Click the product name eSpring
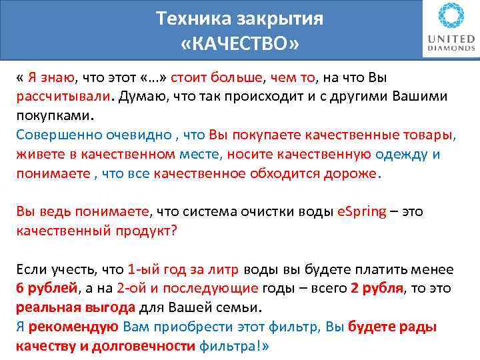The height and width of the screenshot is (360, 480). click(361, 212)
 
